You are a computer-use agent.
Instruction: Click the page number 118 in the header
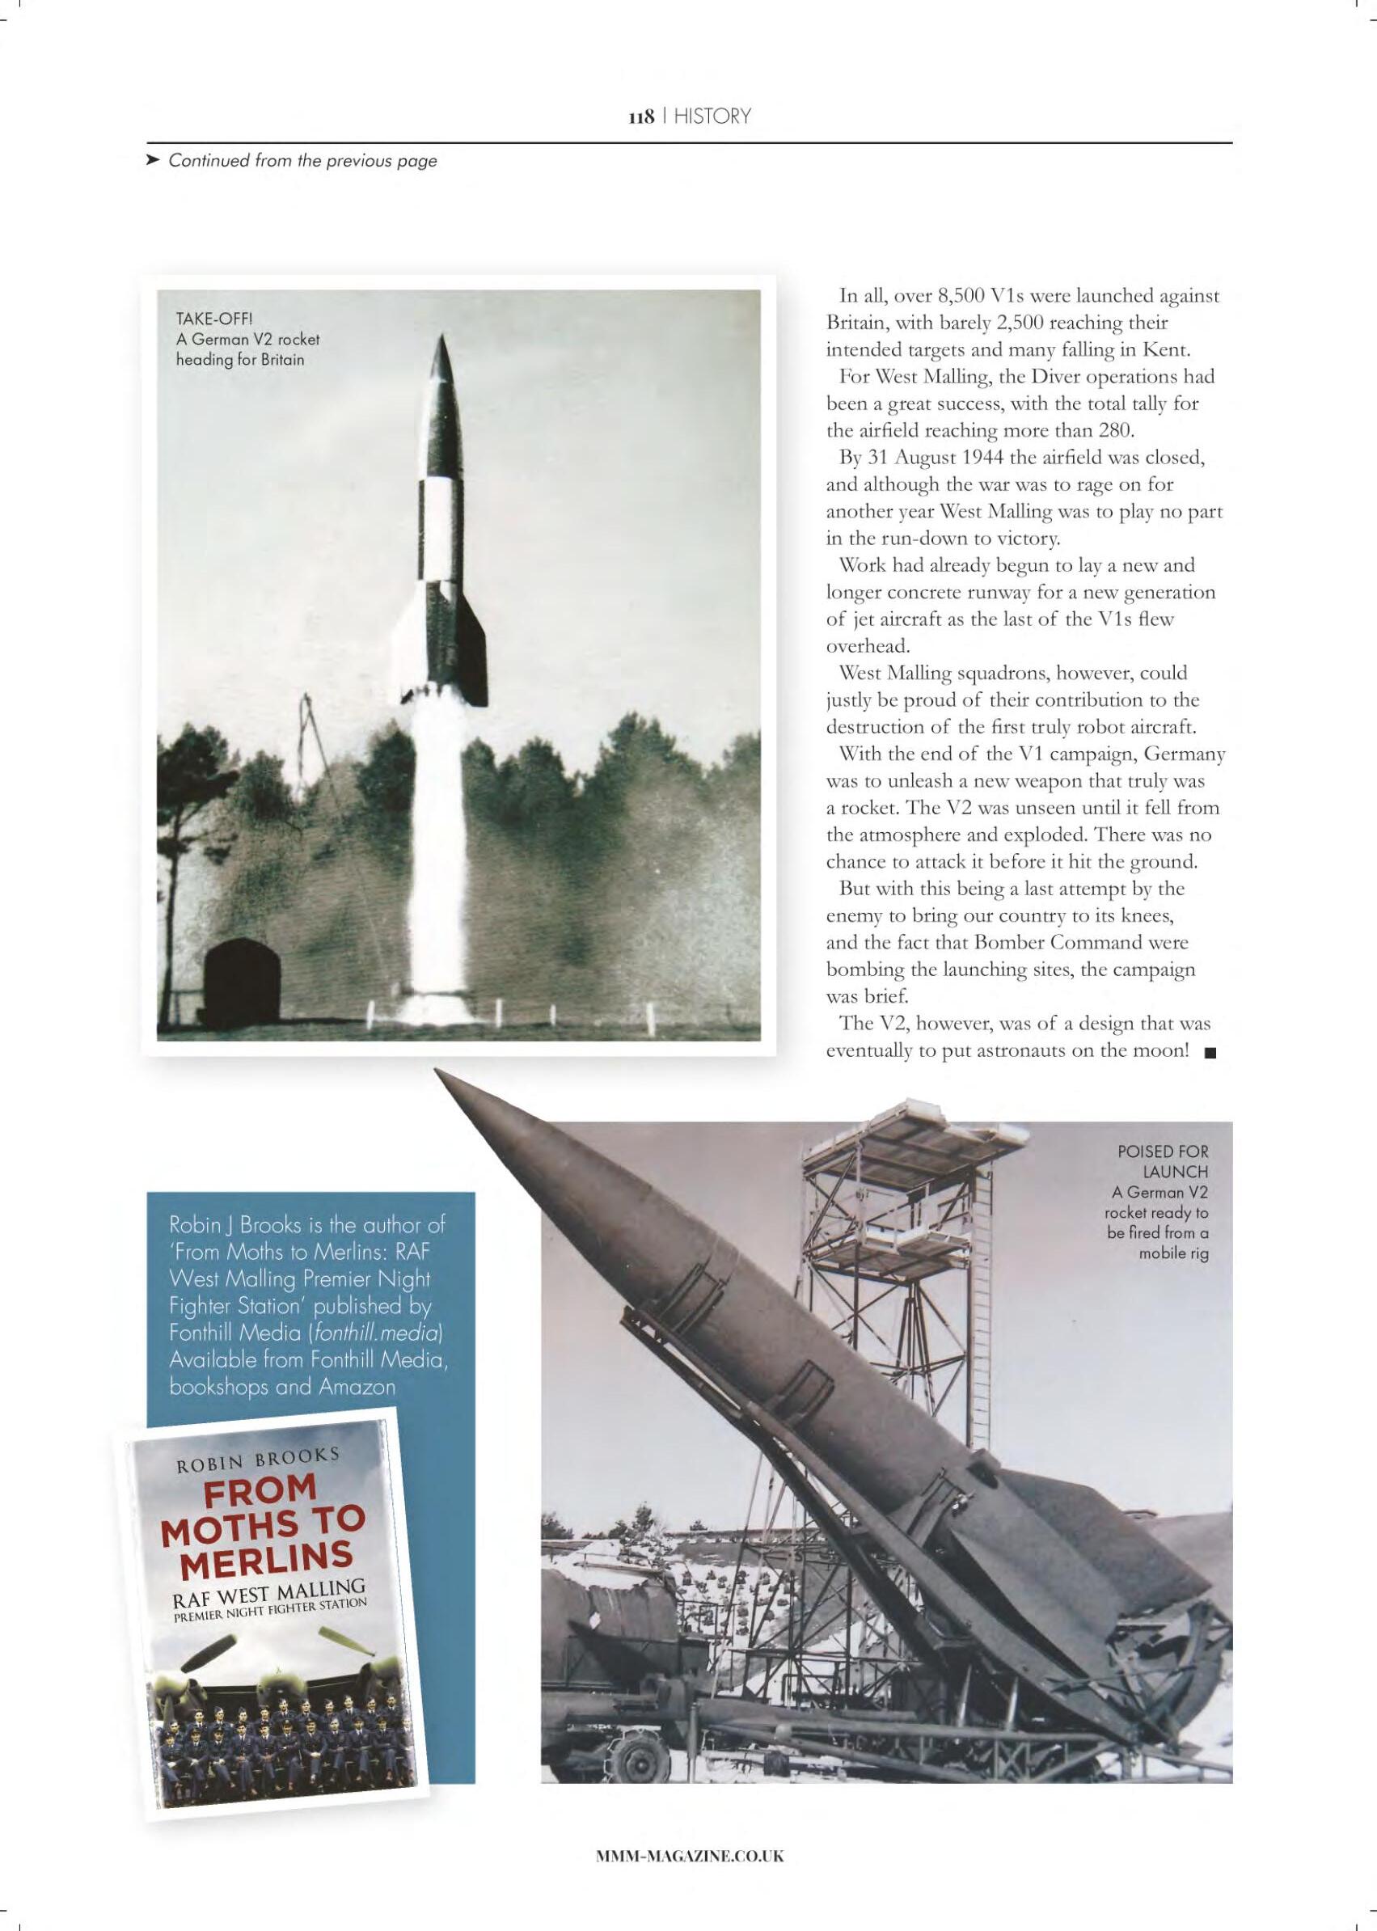pyautogui.click(x=640, y=116)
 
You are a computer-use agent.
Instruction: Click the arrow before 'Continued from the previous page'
pyautogui.click(x=153, y=160)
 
